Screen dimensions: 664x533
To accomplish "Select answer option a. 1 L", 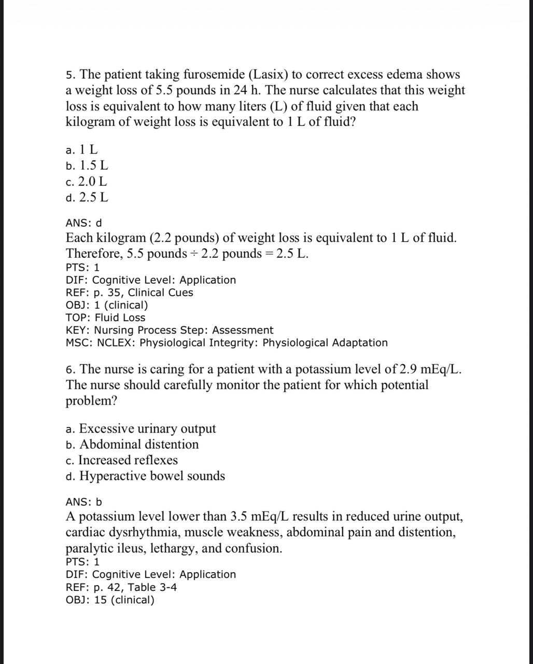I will point(82,150).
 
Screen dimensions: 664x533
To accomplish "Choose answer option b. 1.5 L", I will point(87,166).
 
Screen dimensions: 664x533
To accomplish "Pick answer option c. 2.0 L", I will point(87,182).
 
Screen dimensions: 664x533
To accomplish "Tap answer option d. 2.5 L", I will point(87,198).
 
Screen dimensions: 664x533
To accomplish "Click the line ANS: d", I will point(83,224).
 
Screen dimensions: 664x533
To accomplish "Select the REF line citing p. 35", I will point(129,293).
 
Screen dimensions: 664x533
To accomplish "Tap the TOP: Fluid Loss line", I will point(105,317).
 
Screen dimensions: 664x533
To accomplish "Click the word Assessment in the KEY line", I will point(243,330).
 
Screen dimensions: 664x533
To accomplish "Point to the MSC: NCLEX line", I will point(227,343).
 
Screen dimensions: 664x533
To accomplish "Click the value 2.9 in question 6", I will point(408,370).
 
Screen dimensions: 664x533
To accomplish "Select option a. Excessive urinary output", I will point(141,429).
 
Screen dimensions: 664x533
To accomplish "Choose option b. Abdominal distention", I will point(132,445).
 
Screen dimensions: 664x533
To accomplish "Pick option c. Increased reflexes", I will point(122,461).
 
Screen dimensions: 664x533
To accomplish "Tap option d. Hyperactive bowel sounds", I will point(145,476).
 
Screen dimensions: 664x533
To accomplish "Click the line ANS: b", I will point(83,502).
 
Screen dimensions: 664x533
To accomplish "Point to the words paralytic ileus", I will point(106,549).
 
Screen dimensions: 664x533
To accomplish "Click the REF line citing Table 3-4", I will point(121,587).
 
